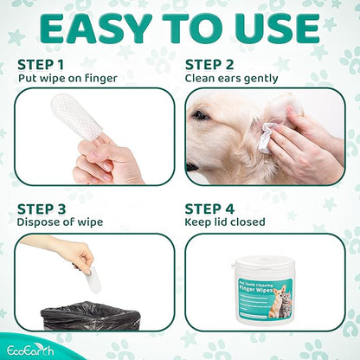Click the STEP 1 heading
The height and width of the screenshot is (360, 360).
point(41,65)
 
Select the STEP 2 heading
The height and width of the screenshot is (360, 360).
point(209,65)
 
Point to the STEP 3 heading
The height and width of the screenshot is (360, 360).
point(42,209)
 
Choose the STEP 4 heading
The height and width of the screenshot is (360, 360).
point(209,209)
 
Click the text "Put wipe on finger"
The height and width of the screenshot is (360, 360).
point(67,79)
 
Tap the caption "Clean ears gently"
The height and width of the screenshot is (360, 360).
point(231,79)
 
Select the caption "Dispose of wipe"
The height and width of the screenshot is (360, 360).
point(60,222)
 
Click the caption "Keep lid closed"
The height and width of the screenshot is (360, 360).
point(225,222)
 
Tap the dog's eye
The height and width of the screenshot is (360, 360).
point(200,115)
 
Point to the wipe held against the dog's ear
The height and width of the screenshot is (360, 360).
point(267,138)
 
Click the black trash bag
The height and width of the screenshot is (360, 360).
point(90,316)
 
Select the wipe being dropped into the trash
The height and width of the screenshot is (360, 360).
point(93,279)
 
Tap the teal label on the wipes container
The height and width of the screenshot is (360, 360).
point(265,298)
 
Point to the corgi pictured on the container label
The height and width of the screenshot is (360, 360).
point(277,301)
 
